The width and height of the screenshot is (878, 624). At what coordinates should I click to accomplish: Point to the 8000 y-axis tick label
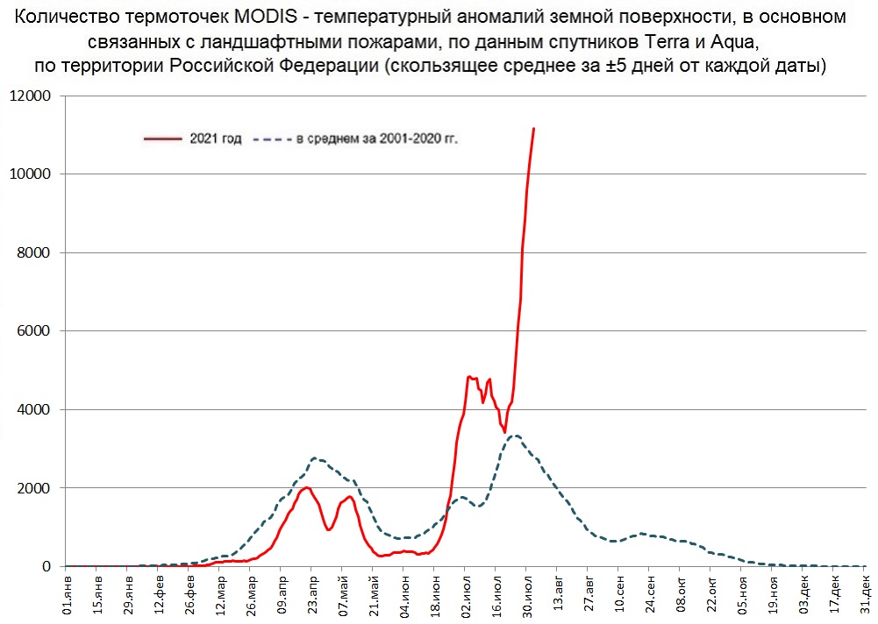click(33, 252)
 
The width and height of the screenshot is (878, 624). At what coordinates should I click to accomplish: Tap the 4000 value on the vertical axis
click(33, 409)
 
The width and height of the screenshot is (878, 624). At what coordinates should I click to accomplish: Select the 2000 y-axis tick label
click(33, 488)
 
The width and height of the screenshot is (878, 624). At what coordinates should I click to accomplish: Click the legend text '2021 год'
click(216, 138)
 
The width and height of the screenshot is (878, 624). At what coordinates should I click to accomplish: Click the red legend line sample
click(164, 138)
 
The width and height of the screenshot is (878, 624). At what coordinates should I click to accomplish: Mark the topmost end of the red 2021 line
click(533, 129)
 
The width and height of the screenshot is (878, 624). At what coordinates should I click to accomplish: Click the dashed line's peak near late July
click(516, 436)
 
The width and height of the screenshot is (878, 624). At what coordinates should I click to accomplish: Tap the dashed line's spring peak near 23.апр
click(316, 458)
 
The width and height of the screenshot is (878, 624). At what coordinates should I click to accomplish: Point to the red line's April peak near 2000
click(307, 487)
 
